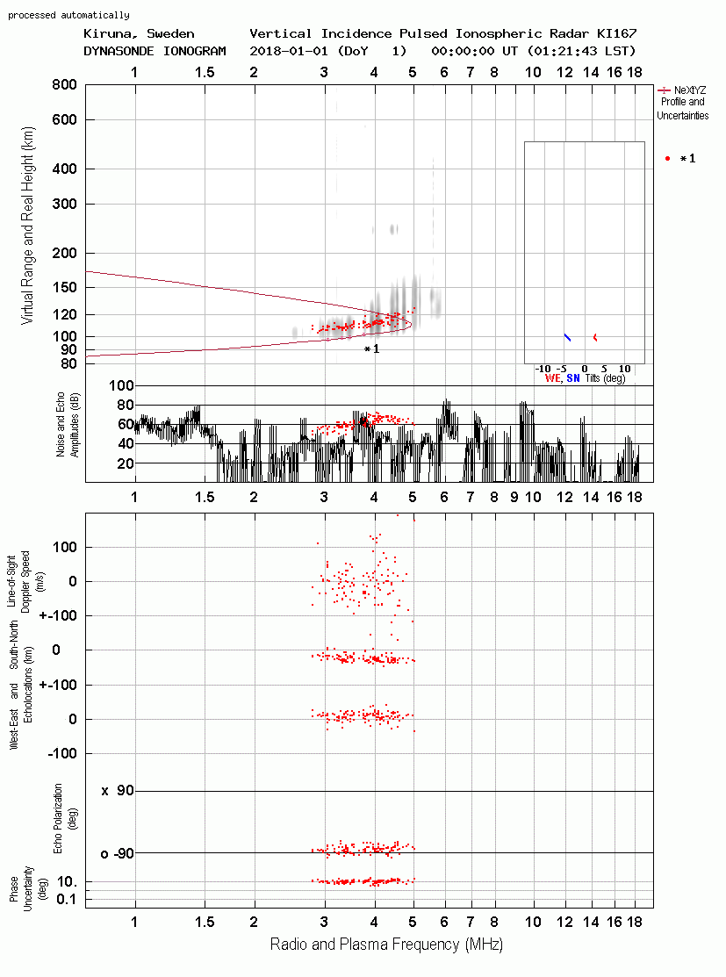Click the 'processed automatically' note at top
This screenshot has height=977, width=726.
tap(68, 15)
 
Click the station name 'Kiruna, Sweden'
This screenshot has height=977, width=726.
tap(139, 33)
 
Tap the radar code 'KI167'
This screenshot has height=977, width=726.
tap(616, 33)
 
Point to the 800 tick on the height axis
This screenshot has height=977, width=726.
tap(64, 85)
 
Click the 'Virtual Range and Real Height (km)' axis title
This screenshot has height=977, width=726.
tap(27, 226)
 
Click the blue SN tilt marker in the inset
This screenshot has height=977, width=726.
tap(567, 337)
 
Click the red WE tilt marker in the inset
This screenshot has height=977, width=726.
tap(595, 337)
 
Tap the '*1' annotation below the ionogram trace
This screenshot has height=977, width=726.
tap(372, 349)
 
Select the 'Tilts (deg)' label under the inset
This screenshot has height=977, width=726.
tap(605, 378)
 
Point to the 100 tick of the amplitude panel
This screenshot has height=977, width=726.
tap(121, 385)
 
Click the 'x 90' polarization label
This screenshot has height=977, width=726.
tap(118, 791)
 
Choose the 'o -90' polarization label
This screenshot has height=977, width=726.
tap(117, 853)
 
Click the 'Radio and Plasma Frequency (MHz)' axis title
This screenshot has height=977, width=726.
tap(386, 945)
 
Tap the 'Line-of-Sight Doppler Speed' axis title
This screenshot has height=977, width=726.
tap(25, 582)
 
